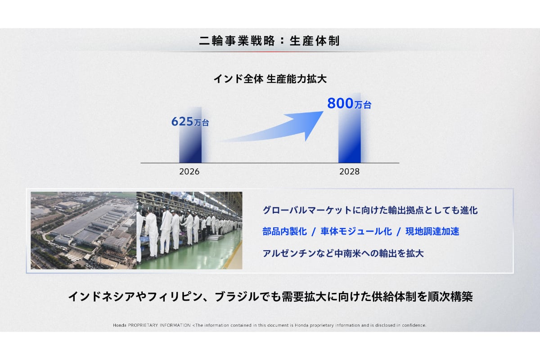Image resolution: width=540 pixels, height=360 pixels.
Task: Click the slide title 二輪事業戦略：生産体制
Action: click(269, 41)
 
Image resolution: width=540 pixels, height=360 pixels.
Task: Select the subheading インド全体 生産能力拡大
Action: click(270, 79)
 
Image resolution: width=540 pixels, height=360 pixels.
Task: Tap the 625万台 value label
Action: click(190, 121)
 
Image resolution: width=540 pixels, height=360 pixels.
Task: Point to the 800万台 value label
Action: click(349, 103)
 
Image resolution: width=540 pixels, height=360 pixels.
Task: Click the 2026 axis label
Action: click(189, 172)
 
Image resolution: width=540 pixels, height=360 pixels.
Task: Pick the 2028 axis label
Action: click(349, 172)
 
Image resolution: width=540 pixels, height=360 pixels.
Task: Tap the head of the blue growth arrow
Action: click(323, 112)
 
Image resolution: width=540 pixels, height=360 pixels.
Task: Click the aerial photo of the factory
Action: click(83, 230)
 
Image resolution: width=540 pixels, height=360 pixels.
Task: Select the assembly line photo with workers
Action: click(189, 230)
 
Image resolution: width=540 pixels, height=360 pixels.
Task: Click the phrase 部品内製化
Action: click(285, 231)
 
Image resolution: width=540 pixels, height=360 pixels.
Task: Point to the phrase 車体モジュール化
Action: click(356, 231)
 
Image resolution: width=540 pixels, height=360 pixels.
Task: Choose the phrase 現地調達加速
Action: click(432, 231)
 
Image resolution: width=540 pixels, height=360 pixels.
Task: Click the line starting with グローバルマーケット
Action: click(370, 210)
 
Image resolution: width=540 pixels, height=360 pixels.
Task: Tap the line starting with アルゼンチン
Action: click(343, 253)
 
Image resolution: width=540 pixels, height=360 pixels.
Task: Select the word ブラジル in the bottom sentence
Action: click(237, 297)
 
